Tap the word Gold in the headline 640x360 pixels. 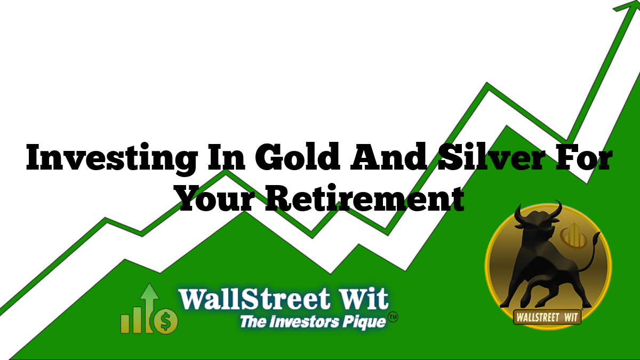[298, 157]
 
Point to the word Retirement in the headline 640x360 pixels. [365, 197]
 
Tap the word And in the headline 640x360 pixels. [389, 157]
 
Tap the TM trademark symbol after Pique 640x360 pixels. [393, 317]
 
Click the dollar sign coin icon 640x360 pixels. [166, 321]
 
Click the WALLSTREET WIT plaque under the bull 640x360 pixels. [547, 317]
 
